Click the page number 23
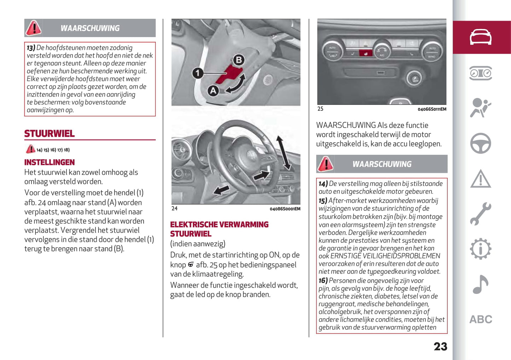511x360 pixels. tap(440, 347)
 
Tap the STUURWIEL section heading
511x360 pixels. tap(50, 134)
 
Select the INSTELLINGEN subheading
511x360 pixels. tap(50, 163)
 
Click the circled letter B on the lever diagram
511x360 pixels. tap(239, 60)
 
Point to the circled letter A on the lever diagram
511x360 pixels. tap(213, 91)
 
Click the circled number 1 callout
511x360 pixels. tap(197, 73)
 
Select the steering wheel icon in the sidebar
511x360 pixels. tap(480, 143)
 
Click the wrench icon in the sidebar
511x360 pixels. tap(480, 214)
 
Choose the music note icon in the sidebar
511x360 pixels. tap(480, 284)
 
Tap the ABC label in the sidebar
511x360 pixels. tap(481, 319)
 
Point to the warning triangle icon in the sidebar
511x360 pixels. tap(480, 179)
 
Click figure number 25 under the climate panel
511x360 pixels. tap(320, 109)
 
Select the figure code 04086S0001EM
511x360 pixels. tap(285, 209)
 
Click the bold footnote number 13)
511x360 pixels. tap(31, 48)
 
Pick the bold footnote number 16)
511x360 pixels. tap(323, 281)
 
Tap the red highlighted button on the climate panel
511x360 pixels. tap(365, 53)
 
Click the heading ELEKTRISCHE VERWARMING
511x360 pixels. tap(219, 225)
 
